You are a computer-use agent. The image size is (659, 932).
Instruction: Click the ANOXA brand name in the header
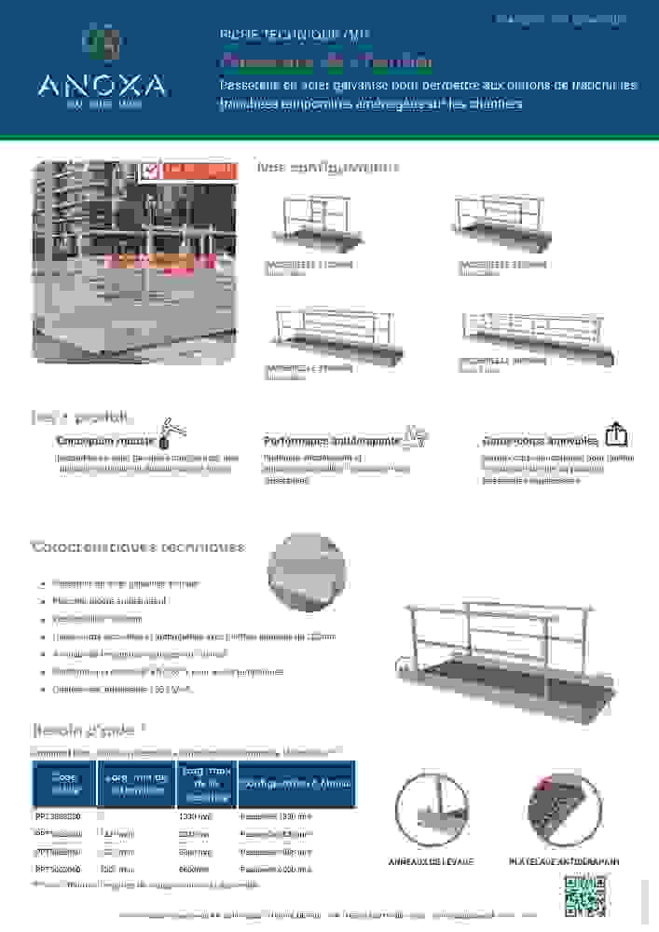tap(103, 87)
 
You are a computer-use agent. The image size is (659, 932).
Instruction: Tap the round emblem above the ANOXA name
tap(103, 43)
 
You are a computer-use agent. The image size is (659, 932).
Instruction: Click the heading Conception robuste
tap(105, 440)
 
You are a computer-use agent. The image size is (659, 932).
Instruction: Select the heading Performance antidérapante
tap(333, 440)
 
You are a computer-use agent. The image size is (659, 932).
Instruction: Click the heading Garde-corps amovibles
tap(541, 440)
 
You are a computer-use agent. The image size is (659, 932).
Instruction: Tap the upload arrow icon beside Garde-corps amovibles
tap(615, 434)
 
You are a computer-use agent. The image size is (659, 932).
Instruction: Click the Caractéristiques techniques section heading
tap(138, 547)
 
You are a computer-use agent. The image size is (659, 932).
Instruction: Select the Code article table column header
tap(64, 783)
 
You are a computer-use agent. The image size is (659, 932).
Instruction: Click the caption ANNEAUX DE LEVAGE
tap(431, 862)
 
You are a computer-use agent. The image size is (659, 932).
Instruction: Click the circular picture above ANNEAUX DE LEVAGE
tap(432, 810)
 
